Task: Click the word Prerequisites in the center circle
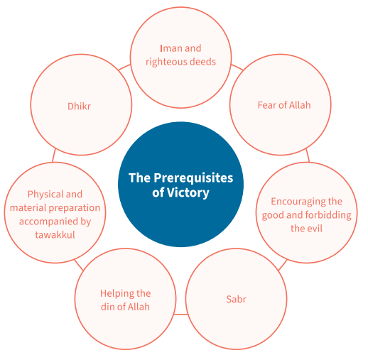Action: tap(193, 178)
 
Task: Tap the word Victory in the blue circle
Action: tap(188, 193)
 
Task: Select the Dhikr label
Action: tap(79, 107)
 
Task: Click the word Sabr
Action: tap(236, 299)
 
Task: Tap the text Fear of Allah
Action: tap(284, 105)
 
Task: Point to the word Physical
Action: tap(45, 195)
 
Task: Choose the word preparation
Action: tap(77, 208)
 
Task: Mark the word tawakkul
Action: tap(55, 235)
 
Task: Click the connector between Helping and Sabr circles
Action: tap(180, 315)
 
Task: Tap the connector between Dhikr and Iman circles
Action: tap(124, 67)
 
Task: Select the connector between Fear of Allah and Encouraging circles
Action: tap(308, 156)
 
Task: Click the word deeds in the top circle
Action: tap(202, 62)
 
